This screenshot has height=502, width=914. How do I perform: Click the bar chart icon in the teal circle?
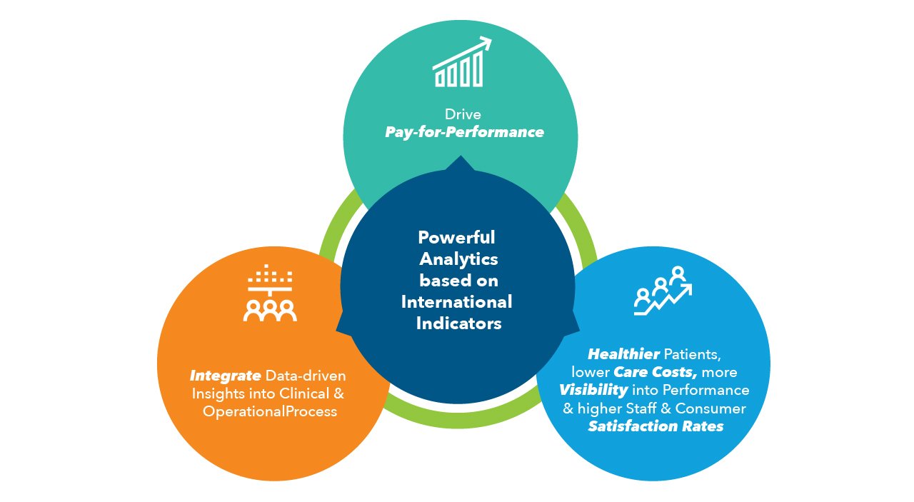pos(461,61)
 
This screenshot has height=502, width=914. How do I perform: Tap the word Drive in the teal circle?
pos(463,114)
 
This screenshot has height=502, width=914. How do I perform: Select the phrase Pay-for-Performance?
pos(464,132)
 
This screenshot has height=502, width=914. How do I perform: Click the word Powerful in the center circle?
pos(456,237)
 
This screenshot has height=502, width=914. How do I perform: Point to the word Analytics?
pos(458,259)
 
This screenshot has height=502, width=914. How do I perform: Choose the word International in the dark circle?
pos(456,302)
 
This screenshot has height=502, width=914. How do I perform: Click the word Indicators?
pos(458,323)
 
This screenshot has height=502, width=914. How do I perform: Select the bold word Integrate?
pos(225,376)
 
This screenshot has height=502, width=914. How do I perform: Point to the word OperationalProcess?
pos(270,411)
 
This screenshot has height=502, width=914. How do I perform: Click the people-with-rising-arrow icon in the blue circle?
pos(663,291)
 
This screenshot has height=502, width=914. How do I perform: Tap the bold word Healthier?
pos(623,354)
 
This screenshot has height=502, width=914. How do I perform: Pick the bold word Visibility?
pos(593,390)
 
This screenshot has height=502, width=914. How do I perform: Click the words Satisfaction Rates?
pos(656,426)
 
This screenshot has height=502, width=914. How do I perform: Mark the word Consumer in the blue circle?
pos(710,408)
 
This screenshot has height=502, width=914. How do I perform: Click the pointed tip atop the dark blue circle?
pos(461,156)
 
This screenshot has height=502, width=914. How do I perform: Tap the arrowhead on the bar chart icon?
pos(486,42)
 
